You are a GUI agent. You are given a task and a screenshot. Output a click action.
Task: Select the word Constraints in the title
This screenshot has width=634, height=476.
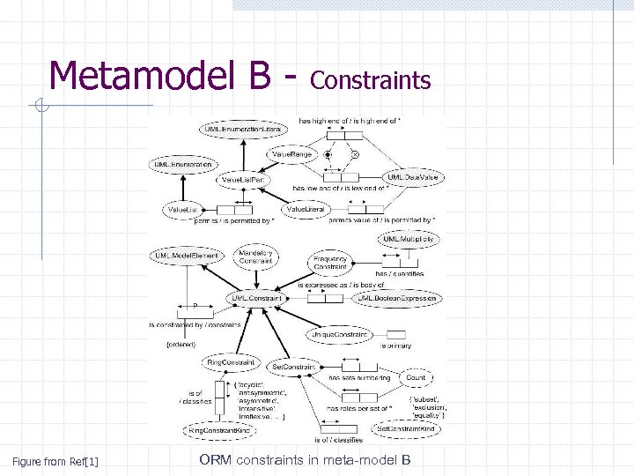tap(371, 81)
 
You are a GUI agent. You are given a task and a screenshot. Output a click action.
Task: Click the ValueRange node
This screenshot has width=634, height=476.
tap(291, 155)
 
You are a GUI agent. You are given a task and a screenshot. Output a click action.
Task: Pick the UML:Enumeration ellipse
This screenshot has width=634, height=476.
tap(183, 165)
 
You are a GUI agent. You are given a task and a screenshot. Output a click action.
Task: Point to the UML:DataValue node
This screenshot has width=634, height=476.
tap(412, 177)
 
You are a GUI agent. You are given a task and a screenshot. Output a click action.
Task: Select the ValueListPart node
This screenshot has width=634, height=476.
tap(244, 180)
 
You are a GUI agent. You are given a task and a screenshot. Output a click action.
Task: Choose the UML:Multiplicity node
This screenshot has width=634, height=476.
tap(408, 239)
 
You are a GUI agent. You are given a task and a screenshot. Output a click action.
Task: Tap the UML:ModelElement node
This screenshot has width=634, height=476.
tap(186, 256)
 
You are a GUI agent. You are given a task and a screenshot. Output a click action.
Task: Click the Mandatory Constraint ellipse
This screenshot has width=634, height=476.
tap(256, 257)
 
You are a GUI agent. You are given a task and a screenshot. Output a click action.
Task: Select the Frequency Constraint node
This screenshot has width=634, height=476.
tap(331, 262)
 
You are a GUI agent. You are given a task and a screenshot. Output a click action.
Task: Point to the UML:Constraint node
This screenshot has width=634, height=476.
tap(256, 299)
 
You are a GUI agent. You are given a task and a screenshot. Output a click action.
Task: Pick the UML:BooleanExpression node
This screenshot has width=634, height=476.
tap(396, 299)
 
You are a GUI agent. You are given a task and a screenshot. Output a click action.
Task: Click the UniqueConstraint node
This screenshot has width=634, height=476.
tap(339, 335)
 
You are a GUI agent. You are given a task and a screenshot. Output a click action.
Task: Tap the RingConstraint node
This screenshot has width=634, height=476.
tap(230, 362)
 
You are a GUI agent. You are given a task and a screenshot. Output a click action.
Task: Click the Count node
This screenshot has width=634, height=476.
tap(416, 377)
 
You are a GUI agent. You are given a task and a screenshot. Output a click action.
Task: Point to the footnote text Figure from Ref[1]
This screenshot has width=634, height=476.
tap(55, 461)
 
